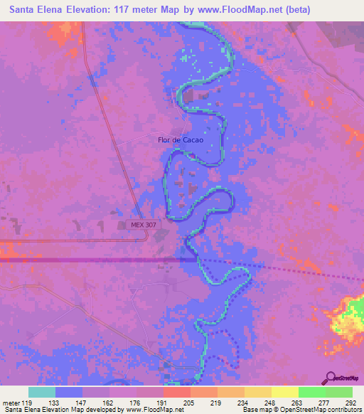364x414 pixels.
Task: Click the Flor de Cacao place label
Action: [x=181, y=140]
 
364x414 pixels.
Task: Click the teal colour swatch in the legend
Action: [x=42, y=392]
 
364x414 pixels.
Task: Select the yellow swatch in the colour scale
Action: [x=284, y=392]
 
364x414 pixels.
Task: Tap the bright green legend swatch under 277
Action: [x=311, y=392]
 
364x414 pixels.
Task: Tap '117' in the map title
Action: [x=131, y=10]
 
